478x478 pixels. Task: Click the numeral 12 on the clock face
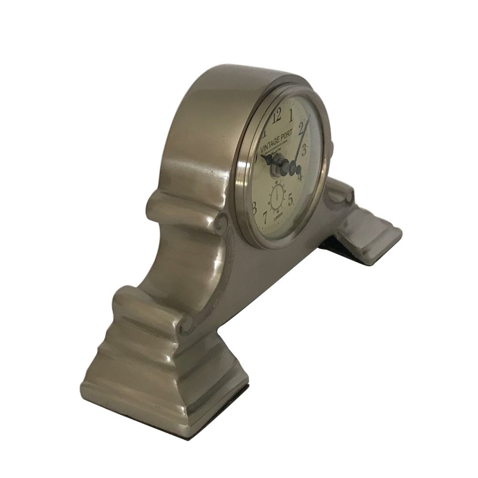point(276,117)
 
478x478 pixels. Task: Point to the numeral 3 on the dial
point(304,147)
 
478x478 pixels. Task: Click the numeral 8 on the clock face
point(254,206)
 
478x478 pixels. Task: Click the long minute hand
point(302,139)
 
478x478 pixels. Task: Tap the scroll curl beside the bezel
point(221,223)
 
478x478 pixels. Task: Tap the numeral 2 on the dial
point(302,127)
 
